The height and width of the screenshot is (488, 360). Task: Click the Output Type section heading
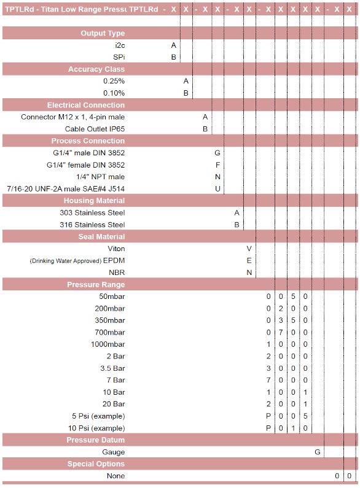pyautogui.click(x=103, y=33)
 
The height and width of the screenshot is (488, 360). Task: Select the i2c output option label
pyautogui.click(x=119, y=45)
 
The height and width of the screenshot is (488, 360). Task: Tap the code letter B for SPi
pyautogui.click(x=173, y=57)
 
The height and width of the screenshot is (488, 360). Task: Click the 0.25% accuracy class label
pyautogui.click(x=114, y=81)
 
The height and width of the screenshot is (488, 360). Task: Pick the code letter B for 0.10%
pyautogui.click(x=186, y=93)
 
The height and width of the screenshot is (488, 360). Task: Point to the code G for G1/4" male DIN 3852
pyautogui.click(x=217, y=153)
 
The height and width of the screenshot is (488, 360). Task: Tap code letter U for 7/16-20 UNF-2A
pyautogui.click(x=217, y=188)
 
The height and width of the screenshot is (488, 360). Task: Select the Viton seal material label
pyautogui.click(x=116, y=249)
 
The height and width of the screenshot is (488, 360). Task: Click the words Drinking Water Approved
pyautogui.click(x=65, y=261)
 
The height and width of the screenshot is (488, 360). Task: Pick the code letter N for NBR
pyautogui.click(x=249, y=273)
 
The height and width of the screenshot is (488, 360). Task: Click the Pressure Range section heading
pyautogui.click(x=96, y=285)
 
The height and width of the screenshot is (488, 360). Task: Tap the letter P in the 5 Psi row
pyautogui.click(x=268, y=416)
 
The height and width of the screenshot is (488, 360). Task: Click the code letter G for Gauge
pyautogui.click(x=318, y=452)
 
